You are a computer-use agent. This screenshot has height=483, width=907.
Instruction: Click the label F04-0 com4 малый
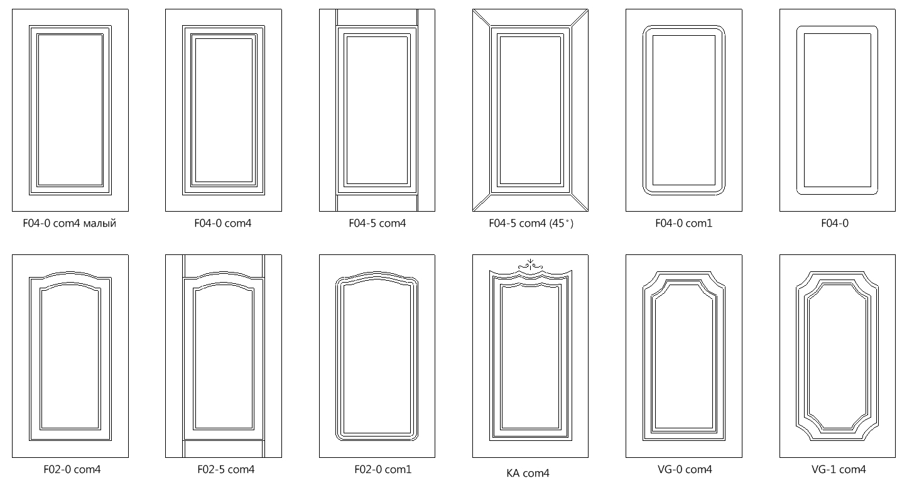tap(70, 223)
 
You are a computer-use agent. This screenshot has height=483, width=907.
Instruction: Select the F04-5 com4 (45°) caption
tap(531, 223)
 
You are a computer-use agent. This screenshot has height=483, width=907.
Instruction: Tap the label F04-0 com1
tap(684, 223)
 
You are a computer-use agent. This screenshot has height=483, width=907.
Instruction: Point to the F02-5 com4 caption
tap(226, 469)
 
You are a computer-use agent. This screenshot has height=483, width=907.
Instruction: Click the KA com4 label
tap(528, 473)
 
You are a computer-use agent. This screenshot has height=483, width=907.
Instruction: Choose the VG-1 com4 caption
tap(839, 469)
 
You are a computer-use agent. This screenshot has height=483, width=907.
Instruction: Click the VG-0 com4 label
tap(685, 469)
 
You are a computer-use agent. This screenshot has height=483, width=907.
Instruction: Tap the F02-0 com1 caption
tap(383, 469)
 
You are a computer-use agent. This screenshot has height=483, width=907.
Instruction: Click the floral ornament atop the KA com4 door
tap(530, 264)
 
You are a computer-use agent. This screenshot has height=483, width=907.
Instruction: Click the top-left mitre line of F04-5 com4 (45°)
tap(482, 18)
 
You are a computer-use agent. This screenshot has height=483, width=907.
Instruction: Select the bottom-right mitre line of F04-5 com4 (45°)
tap(579, 202)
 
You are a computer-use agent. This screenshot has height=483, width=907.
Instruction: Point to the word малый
tap(100, 224)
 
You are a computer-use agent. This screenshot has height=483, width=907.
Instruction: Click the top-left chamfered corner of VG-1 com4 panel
tap(803, 279)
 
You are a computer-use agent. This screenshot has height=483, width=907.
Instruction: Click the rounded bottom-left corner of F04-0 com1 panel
tap(647, 190)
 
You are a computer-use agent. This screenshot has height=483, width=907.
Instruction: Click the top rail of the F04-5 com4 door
tap(377, 18)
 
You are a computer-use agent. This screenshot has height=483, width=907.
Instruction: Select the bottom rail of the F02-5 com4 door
tap(224, 449)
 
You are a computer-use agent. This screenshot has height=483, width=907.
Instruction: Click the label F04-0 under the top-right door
tap(835, 223)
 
